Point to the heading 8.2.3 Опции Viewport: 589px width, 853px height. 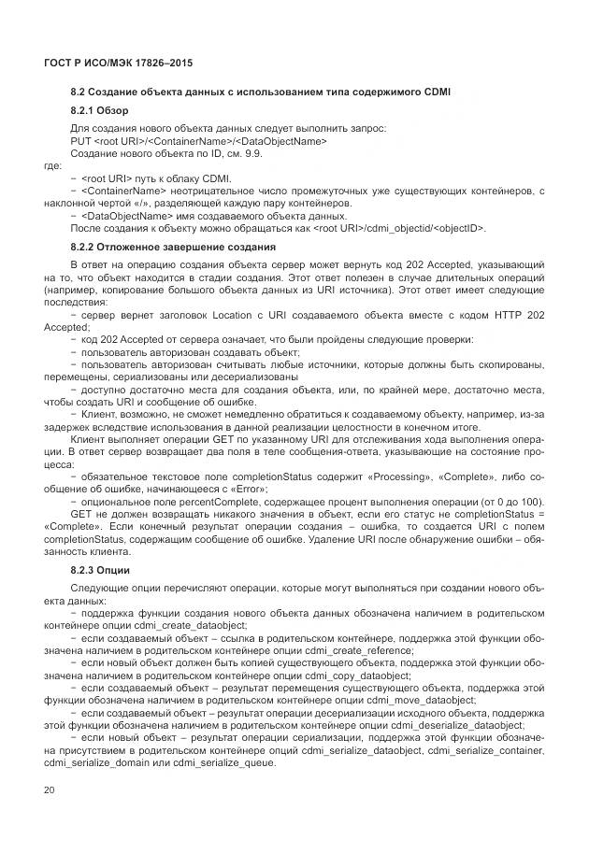pos(101,569)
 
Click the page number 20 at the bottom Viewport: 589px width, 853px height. pos(49,789)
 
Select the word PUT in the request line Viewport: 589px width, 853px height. pos(81,140)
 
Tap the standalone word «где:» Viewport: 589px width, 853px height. pos(55,164)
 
